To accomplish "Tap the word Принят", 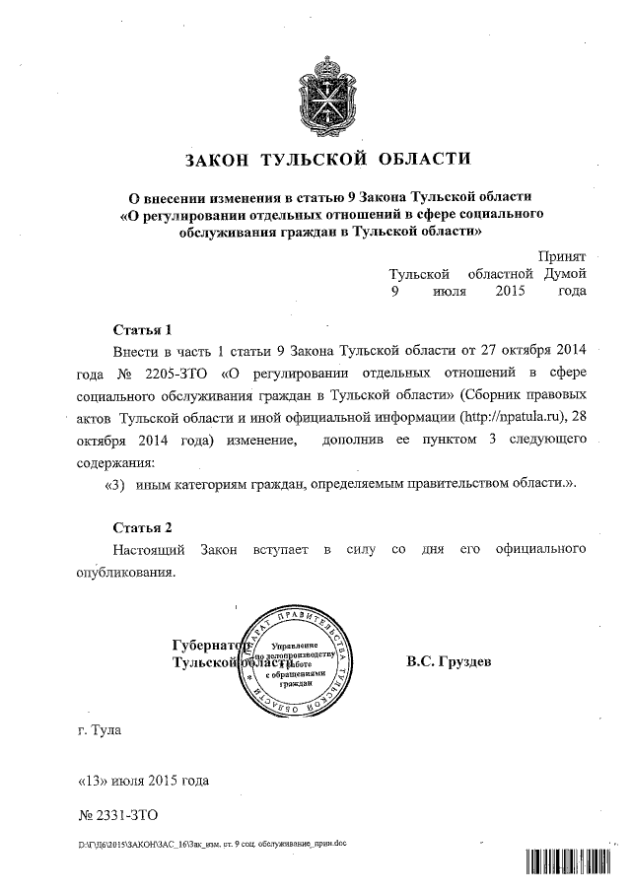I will click(562, 255).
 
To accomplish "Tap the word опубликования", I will click(125, 572).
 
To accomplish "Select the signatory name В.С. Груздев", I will click(449, 661).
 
